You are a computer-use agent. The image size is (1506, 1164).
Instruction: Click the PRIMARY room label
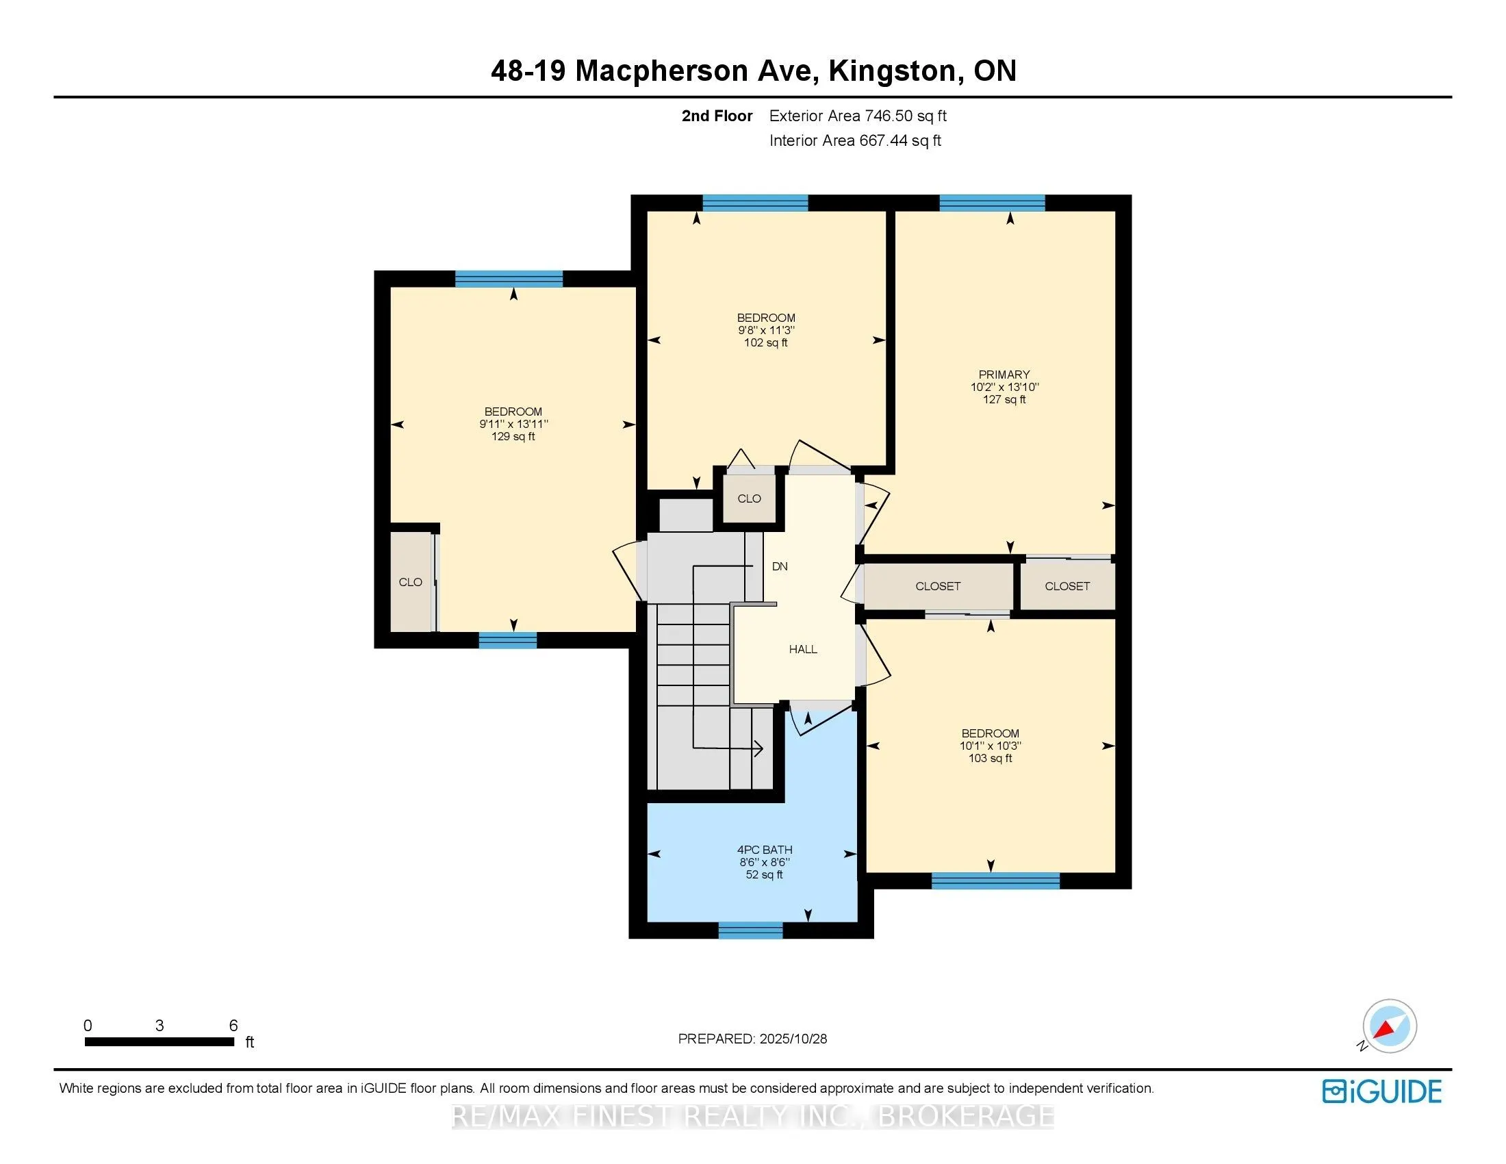coord(1004,375)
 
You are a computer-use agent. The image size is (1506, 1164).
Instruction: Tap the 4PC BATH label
coord(765,850)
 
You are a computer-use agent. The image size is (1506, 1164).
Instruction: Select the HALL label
coord(803,649)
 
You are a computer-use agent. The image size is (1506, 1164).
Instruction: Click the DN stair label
coord(779,566)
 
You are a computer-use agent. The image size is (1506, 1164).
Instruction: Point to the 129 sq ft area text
coord(513,437)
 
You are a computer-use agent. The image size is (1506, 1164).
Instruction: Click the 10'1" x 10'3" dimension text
coord(991,746)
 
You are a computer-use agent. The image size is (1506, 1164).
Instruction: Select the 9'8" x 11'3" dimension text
coord(765,330)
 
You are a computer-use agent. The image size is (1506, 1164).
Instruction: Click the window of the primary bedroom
coord(992,203)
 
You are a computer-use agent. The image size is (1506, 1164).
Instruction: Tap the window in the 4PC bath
coord(750,931)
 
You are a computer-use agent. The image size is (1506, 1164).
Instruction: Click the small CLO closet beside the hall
coord(749,498)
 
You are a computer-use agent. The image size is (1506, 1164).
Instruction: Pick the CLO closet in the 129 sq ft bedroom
coord(410,582)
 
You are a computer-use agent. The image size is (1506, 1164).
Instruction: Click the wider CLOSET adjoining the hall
coord(937,586)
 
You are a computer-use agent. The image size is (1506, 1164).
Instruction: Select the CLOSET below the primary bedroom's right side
coord(1067,586)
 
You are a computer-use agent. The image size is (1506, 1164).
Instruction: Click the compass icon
coord(1389,1026)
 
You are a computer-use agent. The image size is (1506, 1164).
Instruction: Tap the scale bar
coord(159,1042)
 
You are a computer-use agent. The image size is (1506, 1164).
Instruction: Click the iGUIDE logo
coord(1381,1091)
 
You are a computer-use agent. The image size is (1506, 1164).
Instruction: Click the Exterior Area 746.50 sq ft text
coord(857,116)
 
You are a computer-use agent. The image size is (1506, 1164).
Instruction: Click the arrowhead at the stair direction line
coord(759,748)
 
